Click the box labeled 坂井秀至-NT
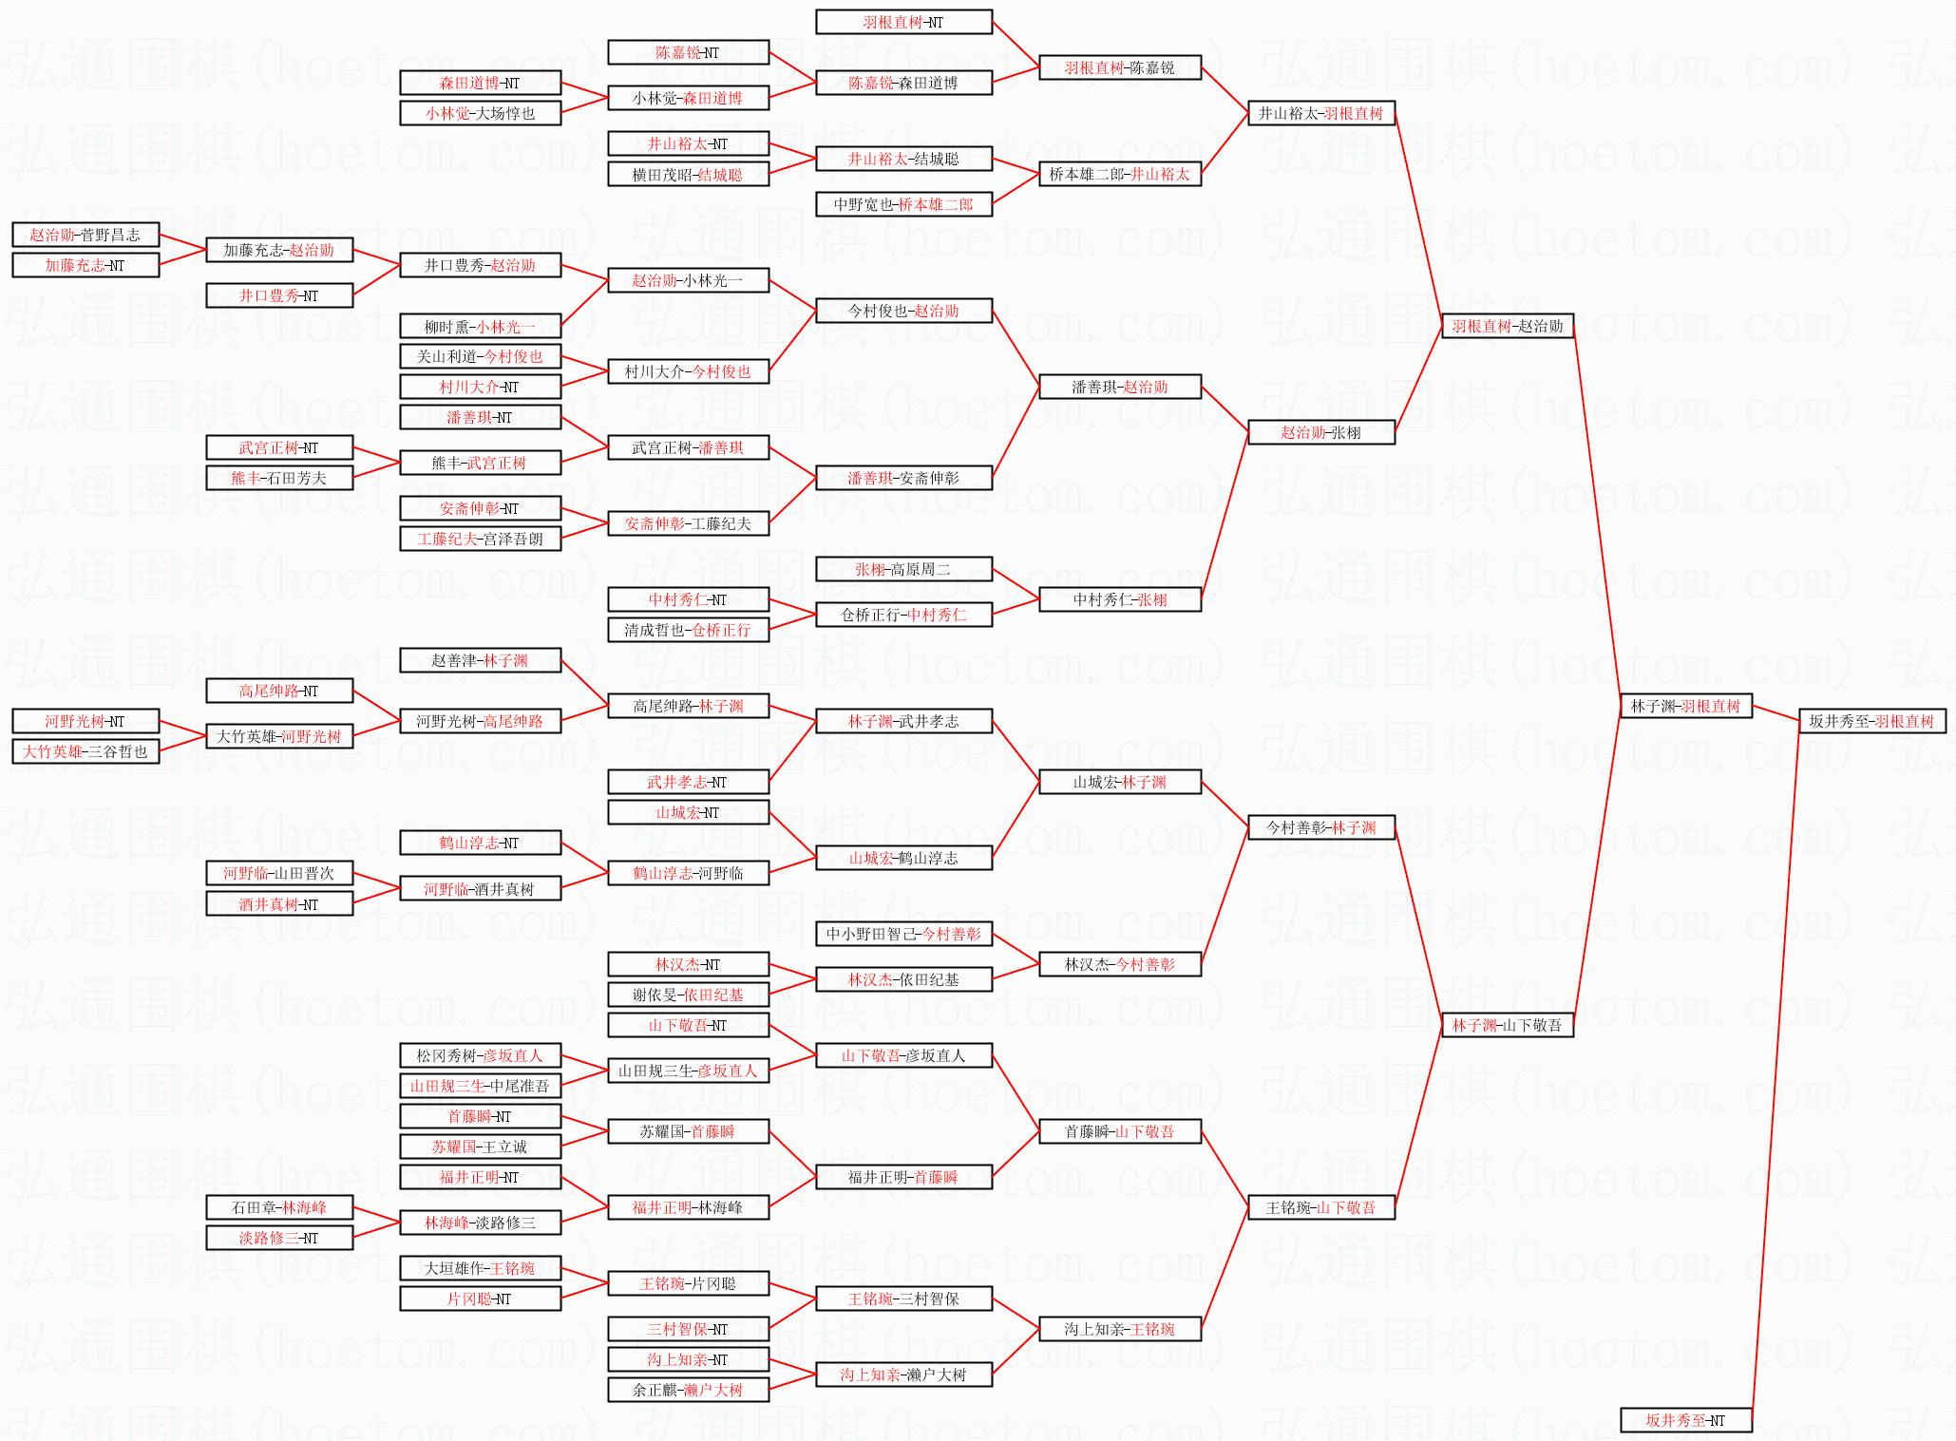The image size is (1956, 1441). pos(1685,1420)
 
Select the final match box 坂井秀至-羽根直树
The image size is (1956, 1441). pos(1871,721)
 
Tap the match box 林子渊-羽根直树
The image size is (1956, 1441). pos(1685,706)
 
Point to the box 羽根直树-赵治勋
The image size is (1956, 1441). pos(1507,326)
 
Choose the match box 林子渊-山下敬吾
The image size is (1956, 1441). pos(1507,1025)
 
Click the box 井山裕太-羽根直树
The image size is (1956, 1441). pos(1320,113)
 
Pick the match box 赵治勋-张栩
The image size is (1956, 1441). pos(1320,432)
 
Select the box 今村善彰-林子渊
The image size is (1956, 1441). pos(1320,827)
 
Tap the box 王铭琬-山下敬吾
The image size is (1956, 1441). pos(1320,1207)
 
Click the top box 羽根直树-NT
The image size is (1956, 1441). pos(903,22)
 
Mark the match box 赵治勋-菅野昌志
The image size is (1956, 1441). pos(85,235)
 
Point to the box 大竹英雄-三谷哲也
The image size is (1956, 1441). pos(85,751)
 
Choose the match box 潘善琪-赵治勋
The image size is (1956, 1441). pos(1119,387)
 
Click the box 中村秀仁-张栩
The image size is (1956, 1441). pos(1119,599)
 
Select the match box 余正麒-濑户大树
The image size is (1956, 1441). pos(688,1390)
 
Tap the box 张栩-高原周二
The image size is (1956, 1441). pos(903,569)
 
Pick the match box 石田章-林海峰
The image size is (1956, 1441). pos(279,1207)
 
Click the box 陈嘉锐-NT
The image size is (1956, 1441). pos(688,52)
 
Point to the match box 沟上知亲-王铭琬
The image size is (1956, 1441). pos(1119,1329)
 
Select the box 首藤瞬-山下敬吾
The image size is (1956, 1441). pos(1119,1131)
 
